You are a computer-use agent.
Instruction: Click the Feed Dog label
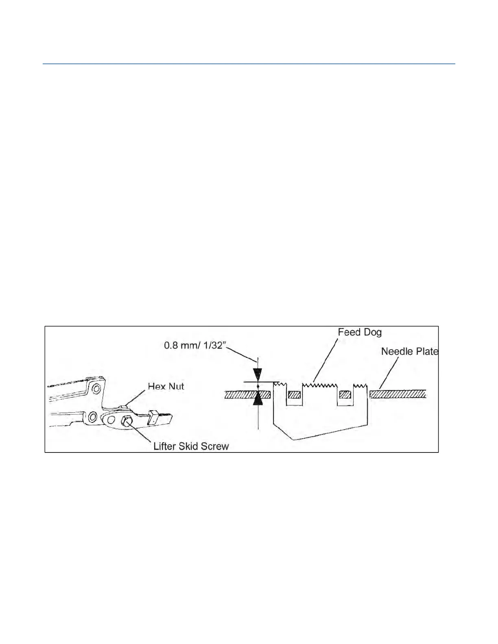[360, 333]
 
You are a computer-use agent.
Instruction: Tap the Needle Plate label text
[409, 351]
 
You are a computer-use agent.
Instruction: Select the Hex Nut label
[166, 386]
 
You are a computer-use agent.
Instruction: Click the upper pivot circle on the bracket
[96, 389]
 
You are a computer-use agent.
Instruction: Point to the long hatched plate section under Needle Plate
[398, 394]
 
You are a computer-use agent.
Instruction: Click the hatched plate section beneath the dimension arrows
[247, 394]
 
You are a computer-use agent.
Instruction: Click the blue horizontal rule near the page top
[249, 64]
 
